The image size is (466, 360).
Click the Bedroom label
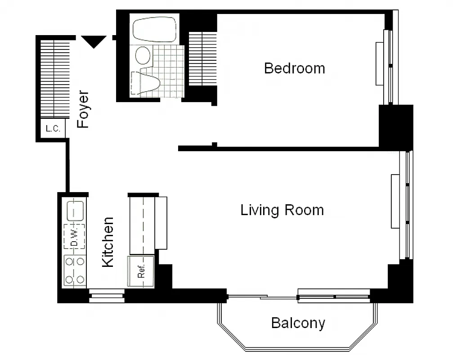point(294,68)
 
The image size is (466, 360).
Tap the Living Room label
point(282,210)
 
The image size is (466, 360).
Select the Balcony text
point(298,323)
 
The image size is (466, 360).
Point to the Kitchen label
point(108,242)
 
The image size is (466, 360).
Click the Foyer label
point(83,110)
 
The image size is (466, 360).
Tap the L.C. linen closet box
point(53,129)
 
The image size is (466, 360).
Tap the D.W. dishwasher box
point(75,236)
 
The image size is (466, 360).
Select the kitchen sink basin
point(75,210)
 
